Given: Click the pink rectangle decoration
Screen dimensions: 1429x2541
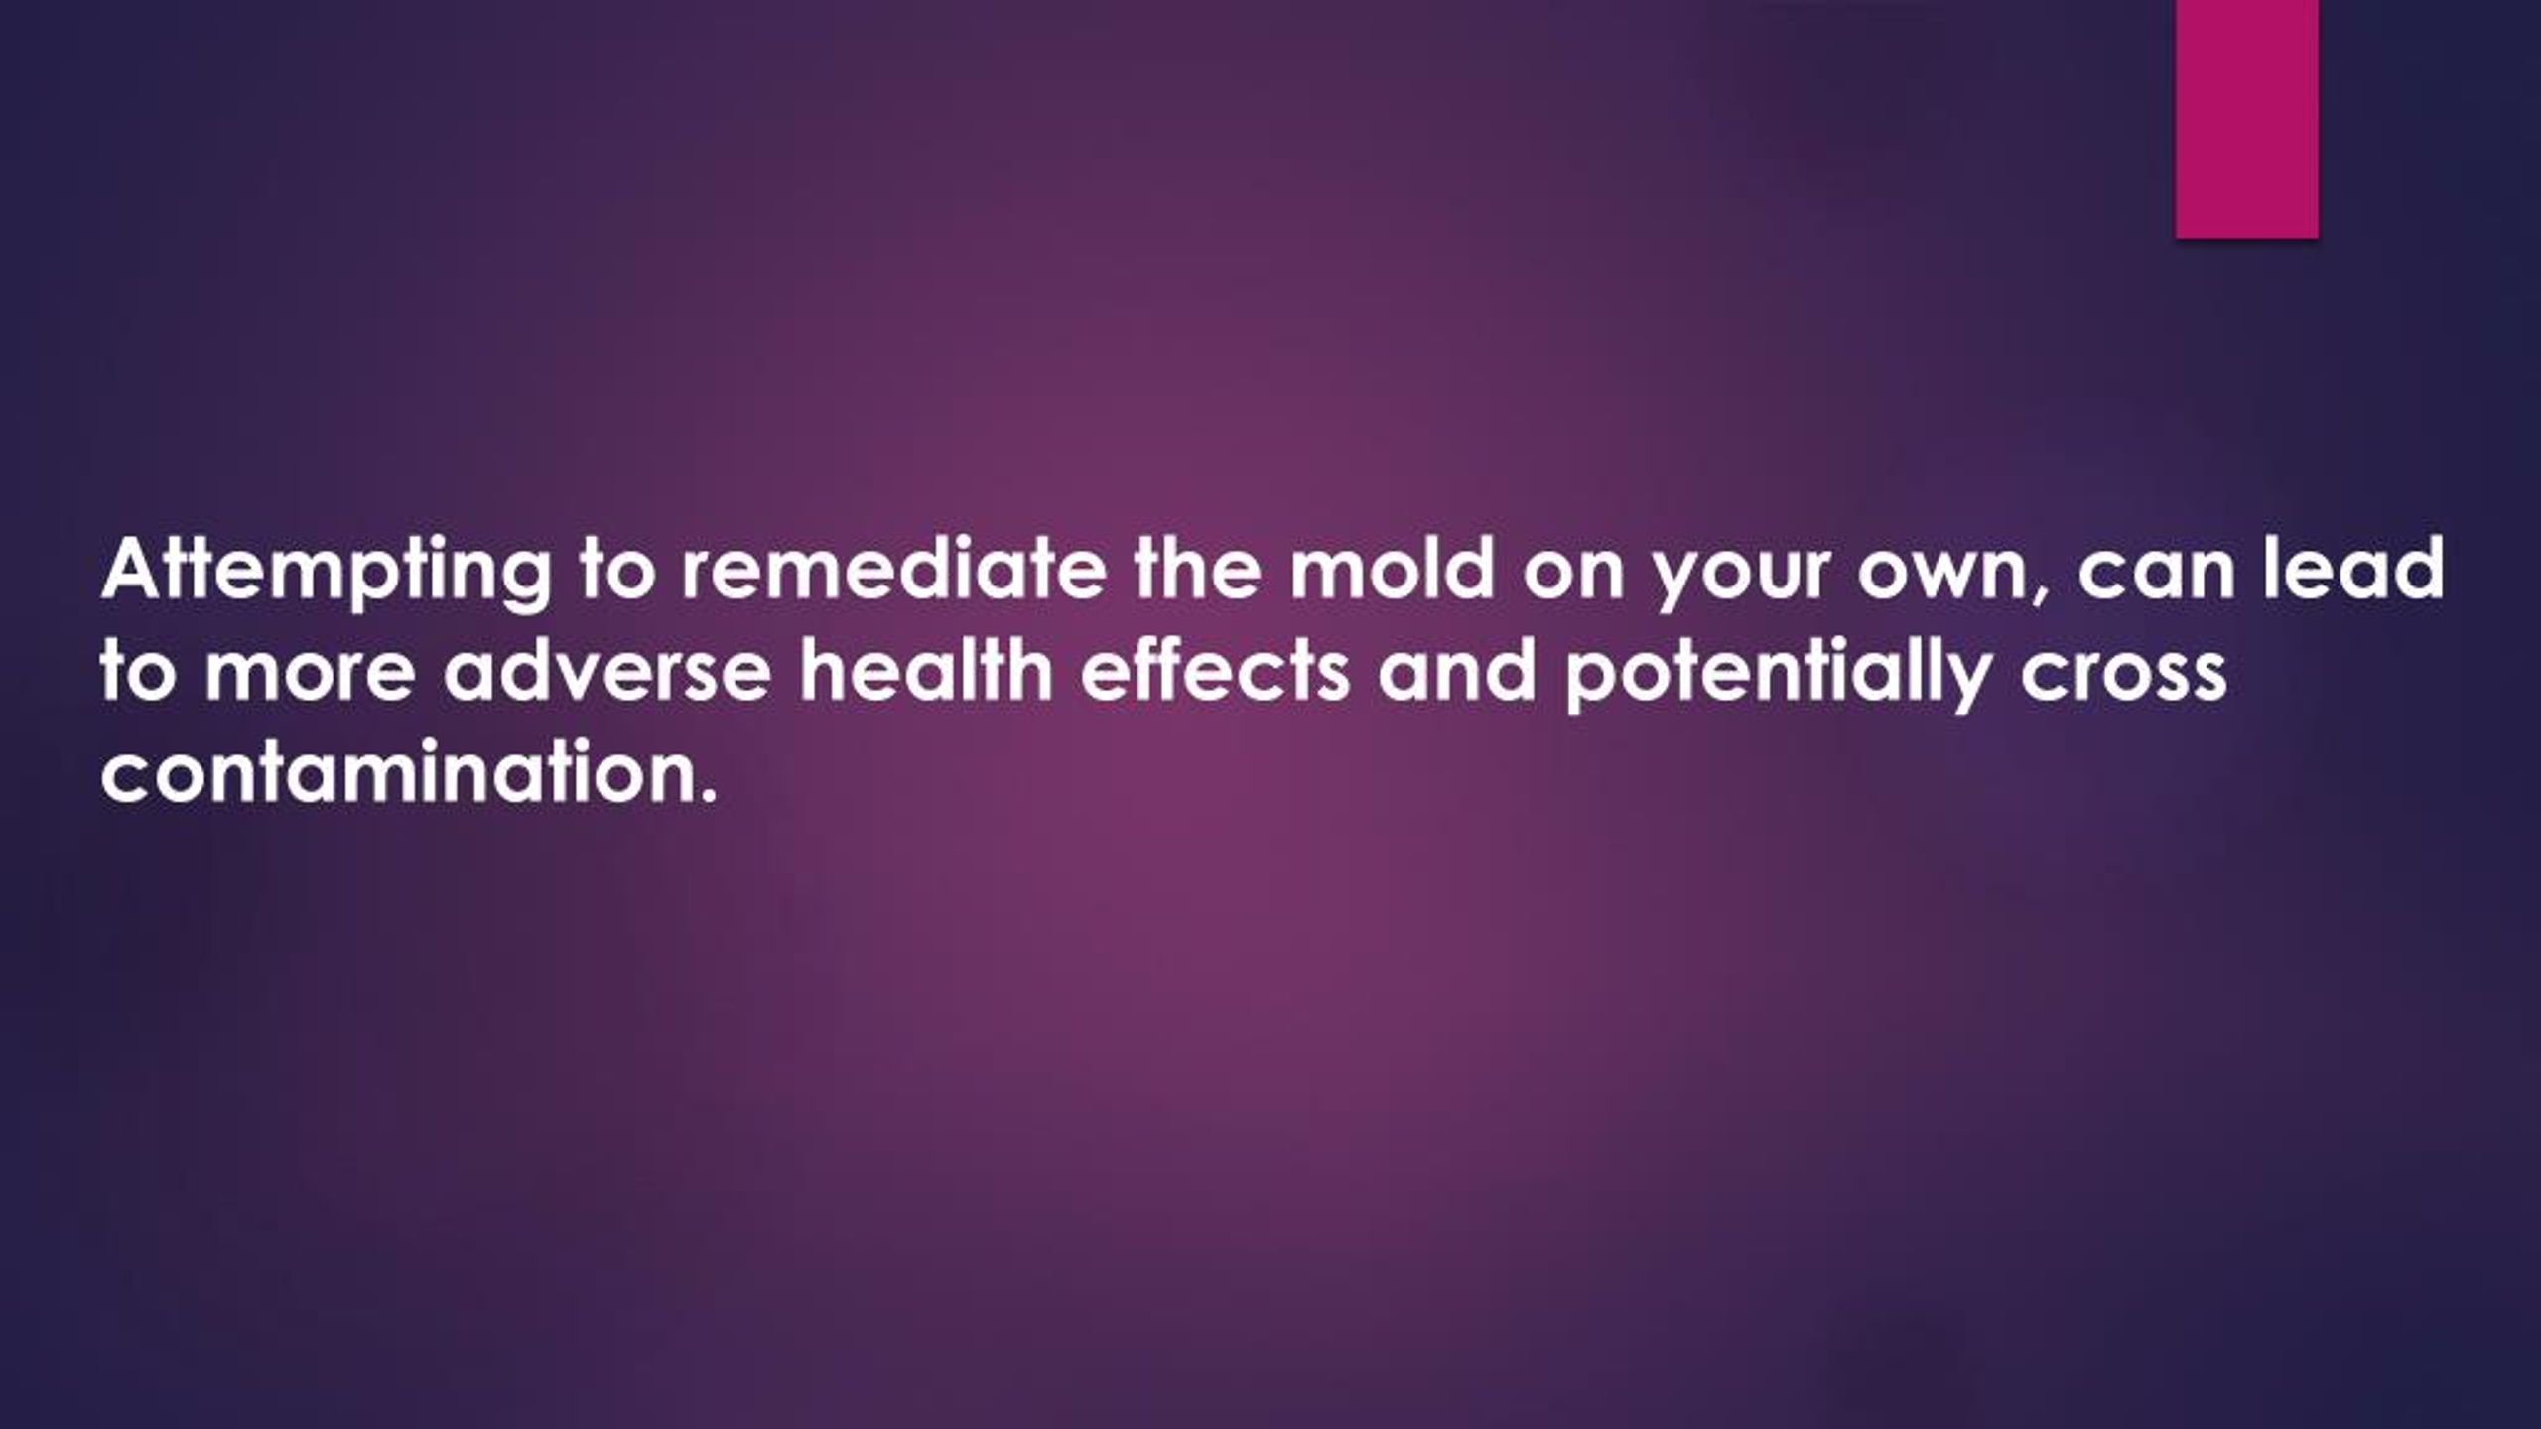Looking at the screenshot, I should point(2246,118).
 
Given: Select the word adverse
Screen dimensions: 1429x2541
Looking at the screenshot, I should point(606,671).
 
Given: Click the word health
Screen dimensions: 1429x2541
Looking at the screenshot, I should point(926,670).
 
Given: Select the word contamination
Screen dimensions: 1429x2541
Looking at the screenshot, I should point(407,770).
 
